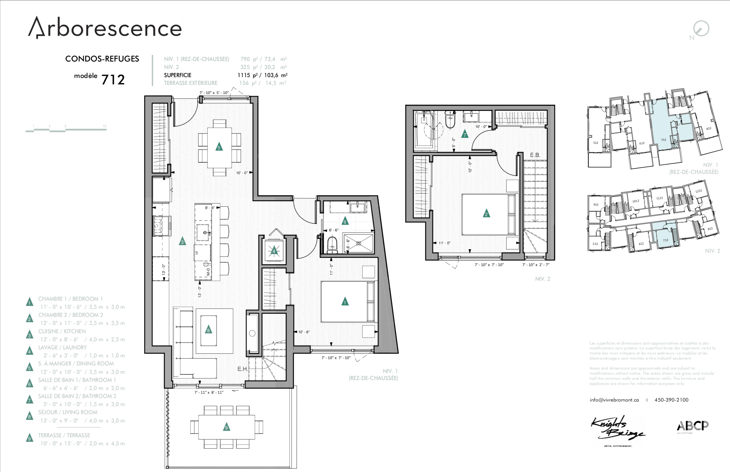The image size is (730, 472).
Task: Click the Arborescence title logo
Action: click(x=105, y=28)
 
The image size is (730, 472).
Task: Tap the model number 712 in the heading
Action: click(x=113, y=80)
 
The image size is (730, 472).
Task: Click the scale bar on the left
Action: click(x=66, y=130)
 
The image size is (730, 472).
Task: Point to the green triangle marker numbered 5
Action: click(x=219, y=146)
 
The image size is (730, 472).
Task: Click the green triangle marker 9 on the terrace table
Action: click(x=227, y=427)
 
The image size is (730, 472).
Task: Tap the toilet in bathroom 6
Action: click(x=332, y=244)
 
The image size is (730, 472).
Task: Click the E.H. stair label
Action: click(x=242, y=369)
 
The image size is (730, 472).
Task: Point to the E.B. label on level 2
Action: click(x=535, y=155)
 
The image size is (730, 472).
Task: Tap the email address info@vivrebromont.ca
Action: click(x=614, y=400)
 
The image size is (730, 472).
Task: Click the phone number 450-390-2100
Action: click(x=671, y=400)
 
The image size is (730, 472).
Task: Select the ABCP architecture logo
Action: click(x=693, y=426)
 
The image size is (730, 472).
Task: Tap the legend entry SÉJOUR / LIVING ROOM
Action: click(x=68, y=412)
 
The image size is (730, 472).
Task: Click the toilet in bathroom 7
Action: click(x=450, y=120)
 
